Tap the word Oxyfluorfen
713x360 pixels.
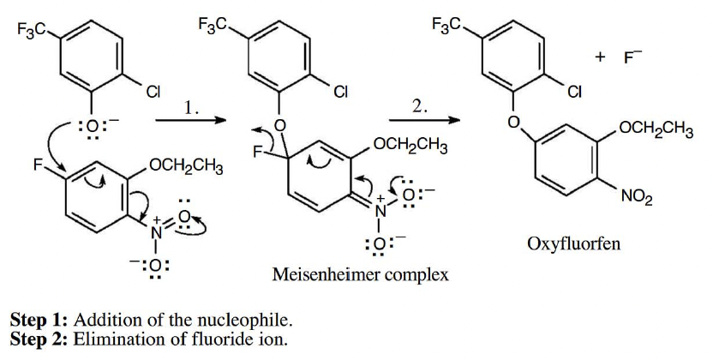pyautogui.click(x=573, y=244)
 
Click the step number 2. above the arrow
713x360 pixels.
pyautogui.click(x=420, y=105)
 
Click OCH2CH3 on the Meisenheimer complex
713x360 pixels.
pyautogui.click(x=412, y=146)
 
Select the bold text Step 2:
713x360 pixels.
pyautogui.click(x=39, y=339)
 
